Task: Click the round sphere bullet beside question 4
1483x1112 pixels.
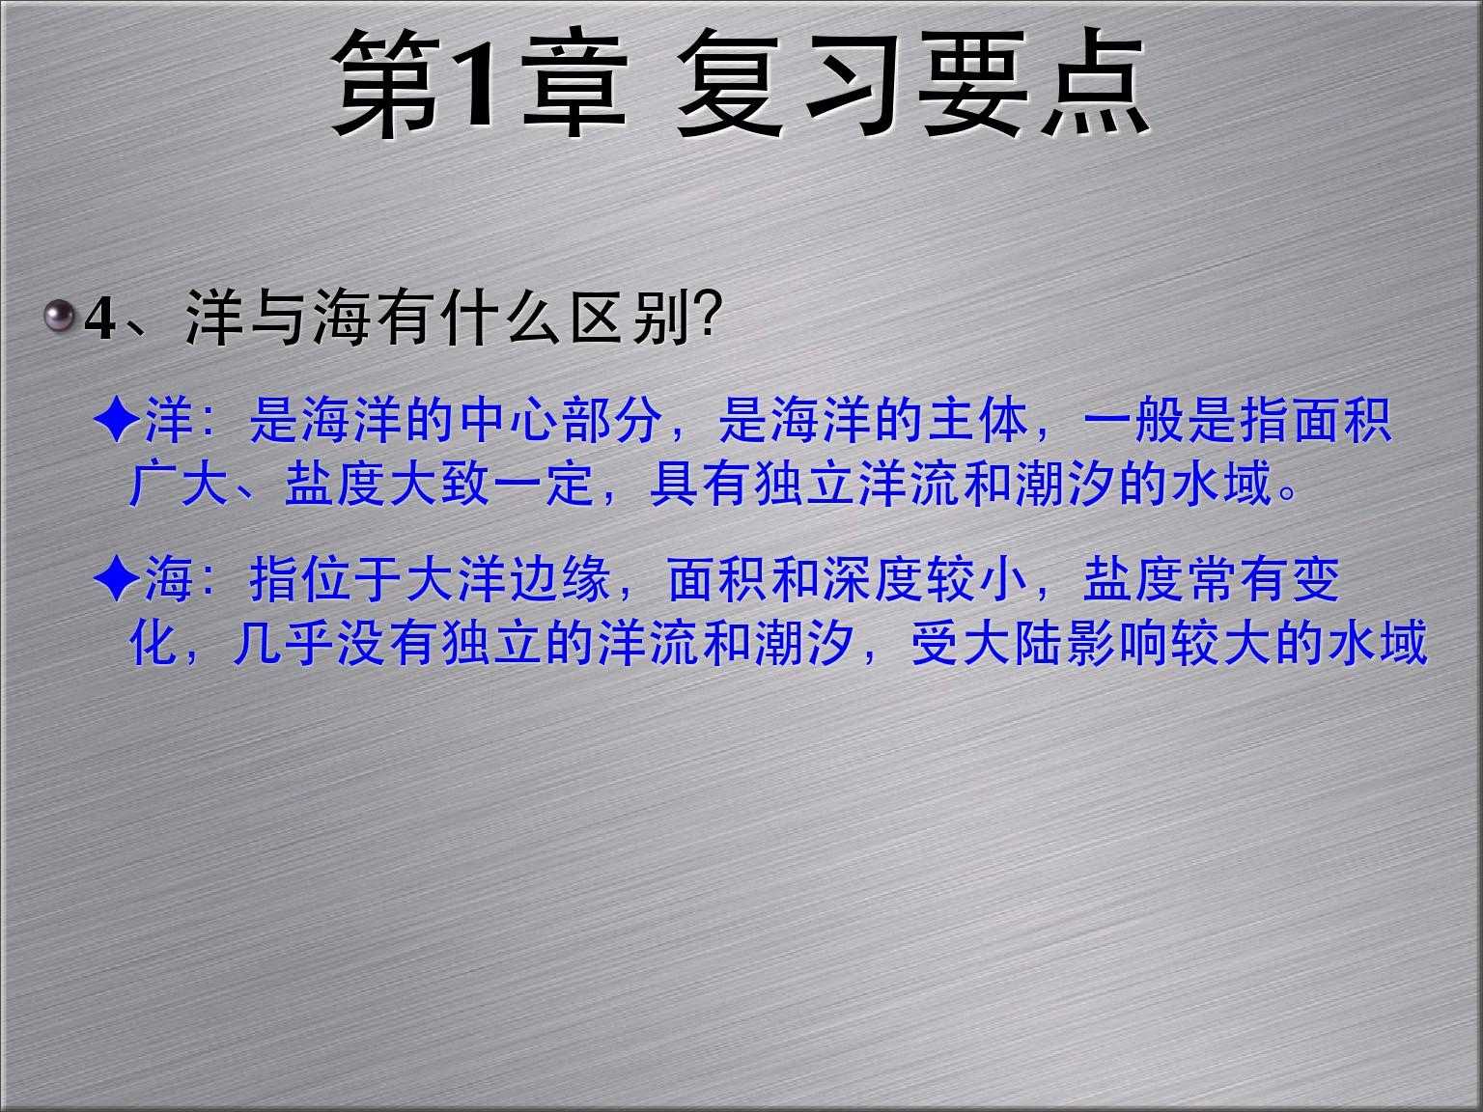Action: pos(60,316)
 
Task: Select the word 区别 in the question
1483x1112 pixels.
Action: pos(630,318)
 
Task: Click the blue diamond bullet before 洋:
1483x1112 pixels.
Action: pos(117,421)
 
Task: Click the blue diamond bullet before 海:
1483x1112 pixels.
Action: pos(117,578)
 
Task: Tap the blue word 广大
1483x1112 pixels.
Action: pos(179,484)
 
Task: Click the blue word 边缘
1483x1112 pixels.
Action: pos(561,578)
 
